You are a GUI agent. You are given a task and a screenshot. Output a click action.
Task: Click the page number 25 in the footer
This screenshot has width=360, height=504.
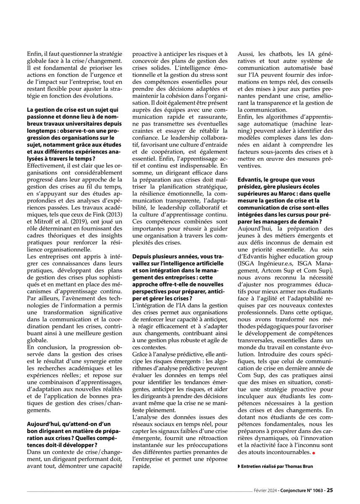click(x=330, y=490)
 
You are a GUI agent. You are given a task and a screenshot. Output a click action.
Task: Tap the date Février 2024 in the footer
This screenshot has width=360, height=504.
click(x=264, y=490)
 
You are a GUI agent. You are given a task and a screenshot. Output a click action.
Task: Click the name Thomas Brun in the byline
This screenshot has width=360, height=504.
click(x=300, y=466)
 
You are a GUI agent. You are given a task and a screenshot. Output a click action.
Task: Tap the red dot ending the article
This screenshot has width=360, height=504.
click(x=313, y=453)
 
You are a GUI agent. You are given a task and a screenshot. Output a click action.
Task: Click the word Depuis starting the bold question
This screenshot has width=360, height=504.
click(x=142, y=256)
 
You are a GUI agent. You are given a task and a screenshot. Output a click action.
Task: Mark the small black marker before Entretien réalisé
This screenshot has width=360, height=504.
click(x=239, y=466)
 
